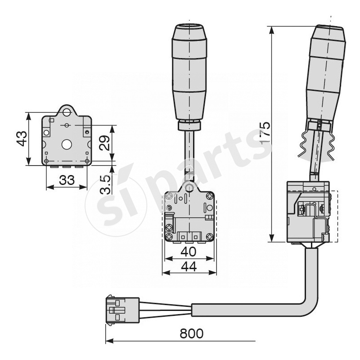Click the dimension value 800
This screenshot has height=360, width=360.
[191, 333]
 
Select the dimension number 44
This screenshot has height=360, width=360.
[189, 266]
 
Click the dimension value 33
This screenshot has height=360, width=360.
[67, 180]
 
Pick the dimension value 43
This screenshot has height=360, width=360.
[21, 139]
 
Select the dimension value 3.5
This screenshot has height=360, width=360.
[104, 184]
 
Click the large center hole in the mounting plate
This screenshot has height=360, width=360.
[67, 144]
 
